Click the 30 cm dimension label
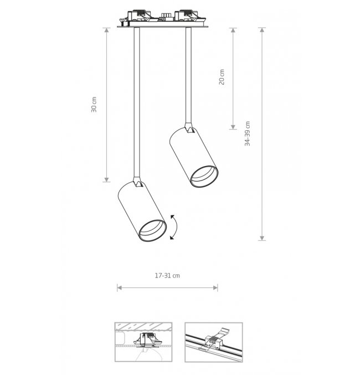pyautogui.click(x=94, y=105)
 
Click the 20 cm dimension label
pyautogui.click(x=222, y=77)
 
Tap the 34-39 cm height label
pyautogui.click(x=248, y=133)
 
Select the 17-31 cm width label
pyautogui.click(x=167, y=275)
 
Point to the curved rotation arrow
pyautogui.click(x=174, y=227)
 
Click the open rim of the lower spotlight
pyautogui.click(x=153, y=231)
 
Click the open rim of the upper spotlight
pyautogui.click(x=204, y=177)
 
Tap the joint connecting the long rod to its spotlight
pyautogui.click(x=137, y=182)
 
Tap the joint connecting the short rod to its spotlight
pyautogui.click(x=189, y=128)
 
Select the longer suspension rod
pyautogui.click(x=137, y=102)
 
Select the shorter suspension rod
pyautogui.click(x=188, y=75)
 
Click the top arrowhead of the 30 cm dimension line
pyautogui.click(x=107, y=30)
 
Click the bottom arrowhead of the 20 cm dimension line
pyautogui.click(x=233, y=127)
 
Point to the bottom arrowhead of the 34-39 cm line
pyautogui.click(x=262, y=238)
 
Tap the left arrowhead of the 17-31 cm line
pyautogui.click(x=120, y=287)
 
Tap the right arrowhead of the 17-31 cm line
pyautogui.click(x=215, y=287)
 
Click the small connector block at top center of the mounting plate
pyautogui.click(x=167, y=17)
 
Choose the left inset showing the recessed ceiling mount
pyautogui.click(x=143, y=342)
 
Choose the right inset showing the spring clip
pyautogui.click(x=214, y=342)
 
